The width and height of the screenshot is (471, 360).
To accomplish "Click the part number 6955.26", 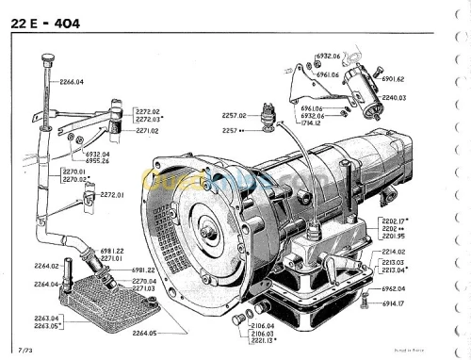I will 97,160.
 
